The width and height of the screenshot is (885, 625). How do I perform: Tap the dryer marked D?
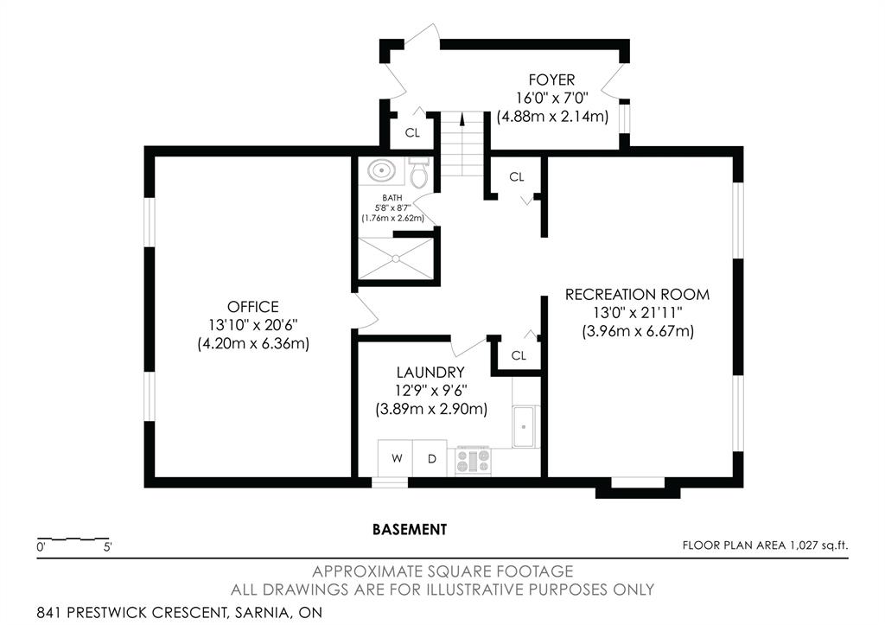430,458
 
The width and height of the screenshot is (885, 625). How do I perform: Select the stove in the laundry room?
474,460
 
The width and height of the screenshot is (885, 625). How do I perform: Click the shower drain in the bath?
396,258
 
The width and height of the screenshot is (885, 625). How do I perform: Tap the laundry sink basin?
525,425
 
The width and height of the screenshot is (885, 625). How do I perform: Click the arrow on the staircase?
462,119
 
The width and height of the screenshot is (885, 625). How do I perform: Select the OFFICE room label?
253,307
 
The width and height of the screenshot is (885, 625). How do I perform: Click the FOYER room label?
551,80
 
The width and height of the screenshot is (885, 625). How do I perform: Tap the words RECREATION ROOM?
637,294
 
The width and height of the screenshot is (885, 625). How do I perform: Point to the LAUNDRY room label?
430,372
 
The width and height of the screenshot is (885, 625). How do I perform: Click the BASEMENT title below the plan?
410,530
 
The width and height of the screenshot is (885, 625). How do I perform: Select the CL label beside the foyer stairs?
412,132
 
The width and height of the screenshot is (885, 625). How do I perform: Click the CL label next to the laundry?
519,355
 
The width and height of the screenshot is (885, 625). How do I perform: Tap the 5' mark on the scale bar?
107,547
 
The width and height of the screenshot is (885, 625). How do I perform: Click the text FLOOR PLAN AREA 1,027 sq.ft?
765,545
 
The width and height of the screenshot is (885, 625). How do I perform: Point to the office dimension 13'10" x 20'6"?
253,325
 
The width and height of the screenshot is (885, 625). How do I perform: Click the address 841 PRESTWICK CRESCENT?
131,612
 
